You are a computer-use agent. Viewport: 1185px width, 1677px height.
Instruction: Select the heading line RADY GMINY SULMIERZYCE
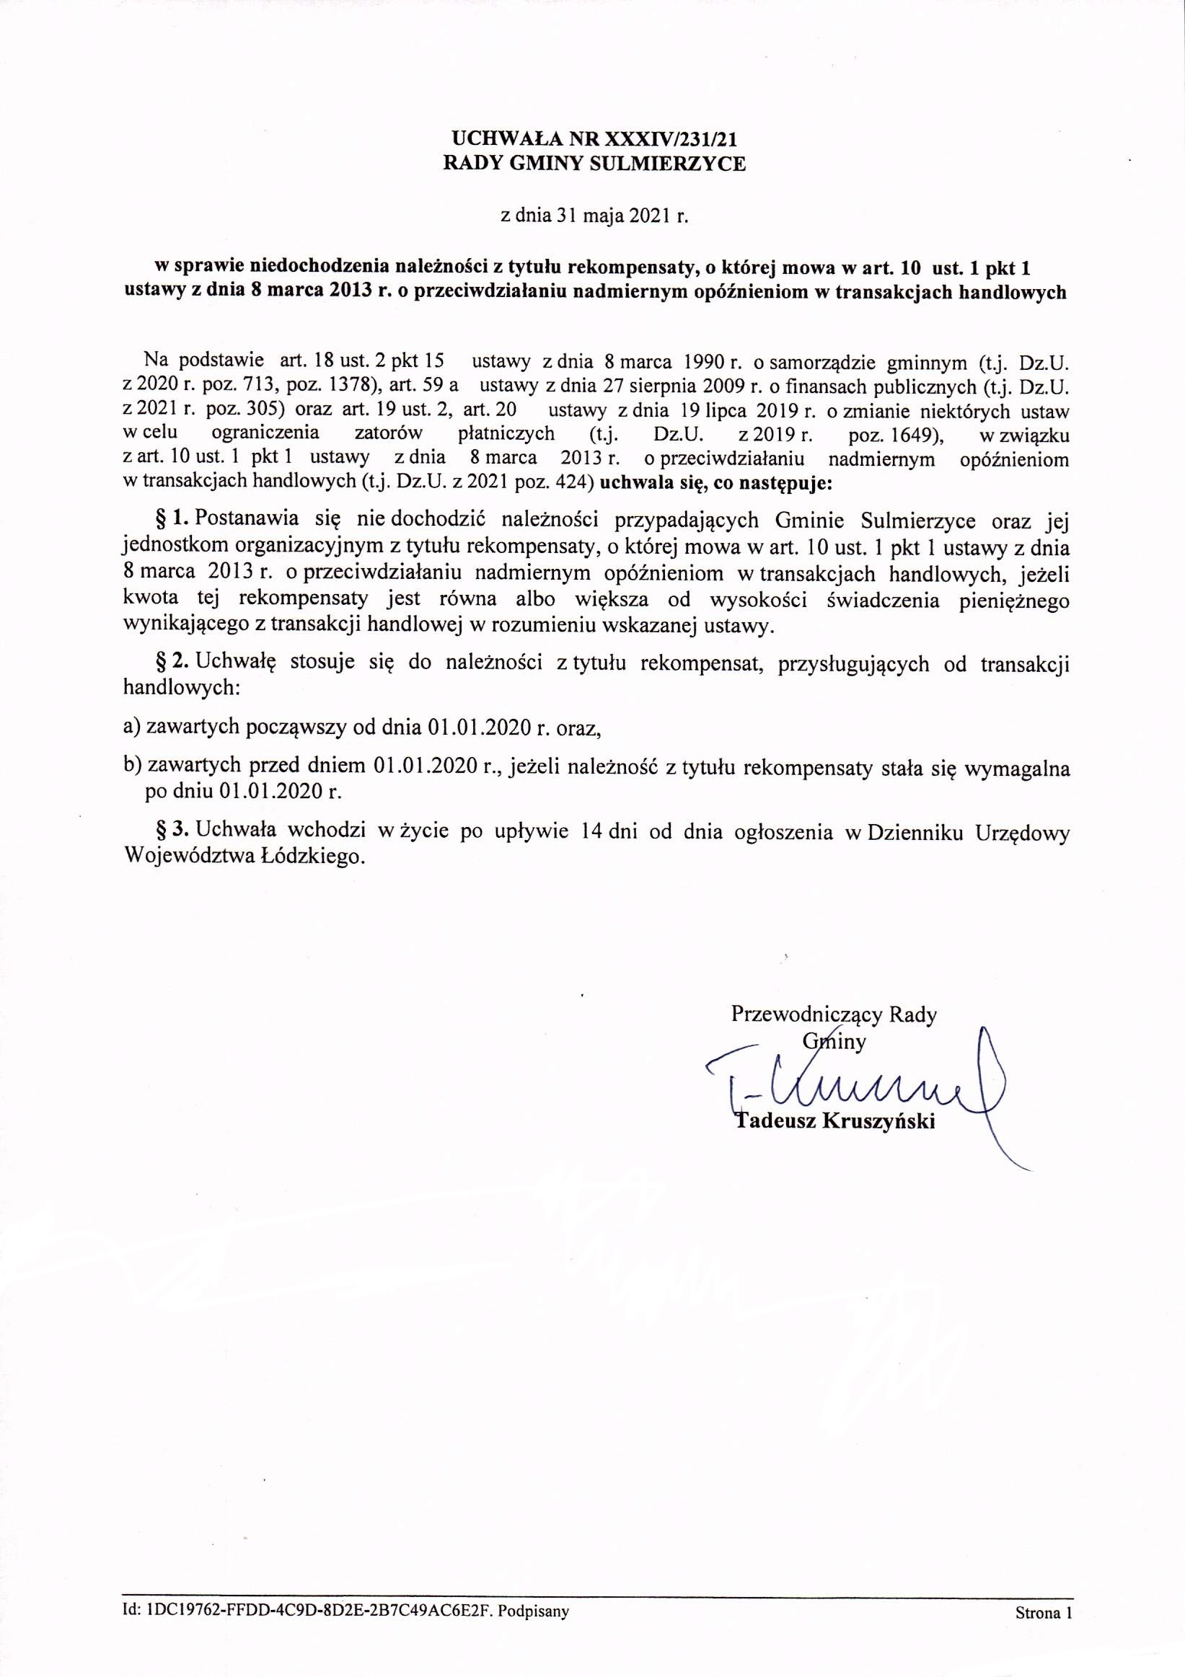(x=596, y=164)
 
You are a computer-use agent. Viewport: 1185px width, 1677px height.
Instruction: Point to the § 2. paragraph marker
(x=172, y=663)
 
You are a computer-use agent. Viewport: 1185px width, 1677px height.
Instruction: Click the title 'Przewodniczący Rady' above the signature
(x=834, y=1014)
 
